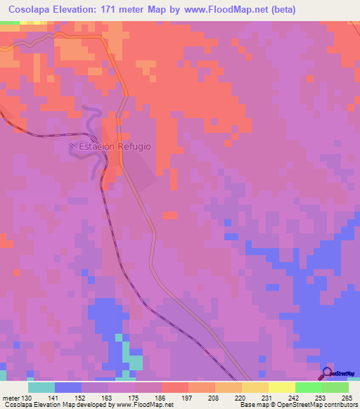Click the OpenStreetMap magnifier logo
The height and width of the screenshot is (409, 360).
[x=328, y=373]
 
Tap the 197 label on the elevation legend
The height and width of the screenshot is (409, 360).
[x=188, y=398]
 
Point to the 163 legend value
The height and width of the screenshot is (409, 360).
[x=108, y=398]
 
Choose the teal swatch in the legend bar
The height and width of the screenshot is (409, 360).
[x=41, y=387]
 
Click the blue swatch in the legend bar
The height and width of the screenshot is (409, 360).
[x=67, y=387]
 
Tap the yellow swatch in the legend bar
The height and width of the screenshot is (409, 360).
[x=281, y=387]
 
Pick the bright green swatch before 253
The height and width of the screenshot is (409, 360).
[x=308, y=387]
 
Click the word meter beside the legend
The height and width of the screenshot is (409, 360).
[x=11, y=398]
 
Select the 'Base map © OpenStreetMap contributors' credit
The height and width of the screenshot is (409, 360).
[x=297, y=405]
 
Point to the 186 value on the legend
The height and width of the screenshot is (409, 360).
[x=161, y=398]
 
